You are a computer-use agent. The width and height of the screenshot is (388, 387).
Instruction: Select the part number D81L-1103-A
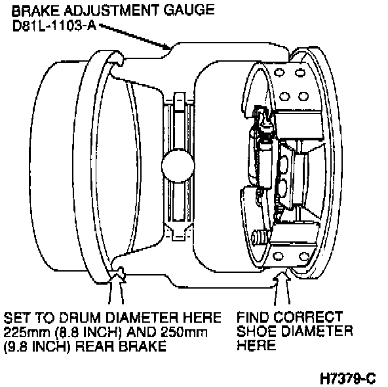point(54,26)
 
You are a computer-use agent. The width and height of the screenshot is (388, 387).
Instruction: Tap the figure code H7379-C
point(348,378)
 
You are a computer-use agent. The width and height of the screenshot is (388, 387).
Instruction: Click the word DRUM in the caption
point(81,317)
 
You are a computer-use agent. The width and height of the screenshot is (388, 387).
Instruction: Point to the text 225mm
point(26,333)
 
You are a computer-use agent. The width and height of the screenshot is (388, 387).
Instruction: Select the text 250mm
point(184,333)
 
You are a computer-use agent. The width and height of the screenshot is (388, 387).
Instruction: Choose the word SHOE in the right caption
point(257,331)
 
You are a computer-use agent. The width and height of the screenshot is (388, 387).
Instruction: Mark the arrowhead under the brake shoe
point(282,277)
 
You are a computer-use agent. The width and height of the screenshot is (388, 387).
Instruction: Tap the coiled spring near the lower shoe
point(260,238)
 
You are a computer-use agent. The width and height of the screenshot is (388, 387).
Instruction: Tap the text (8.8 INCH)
point(88,333)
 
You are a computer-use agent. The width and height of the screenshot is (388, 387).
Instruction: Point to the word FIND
point(253,317)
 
